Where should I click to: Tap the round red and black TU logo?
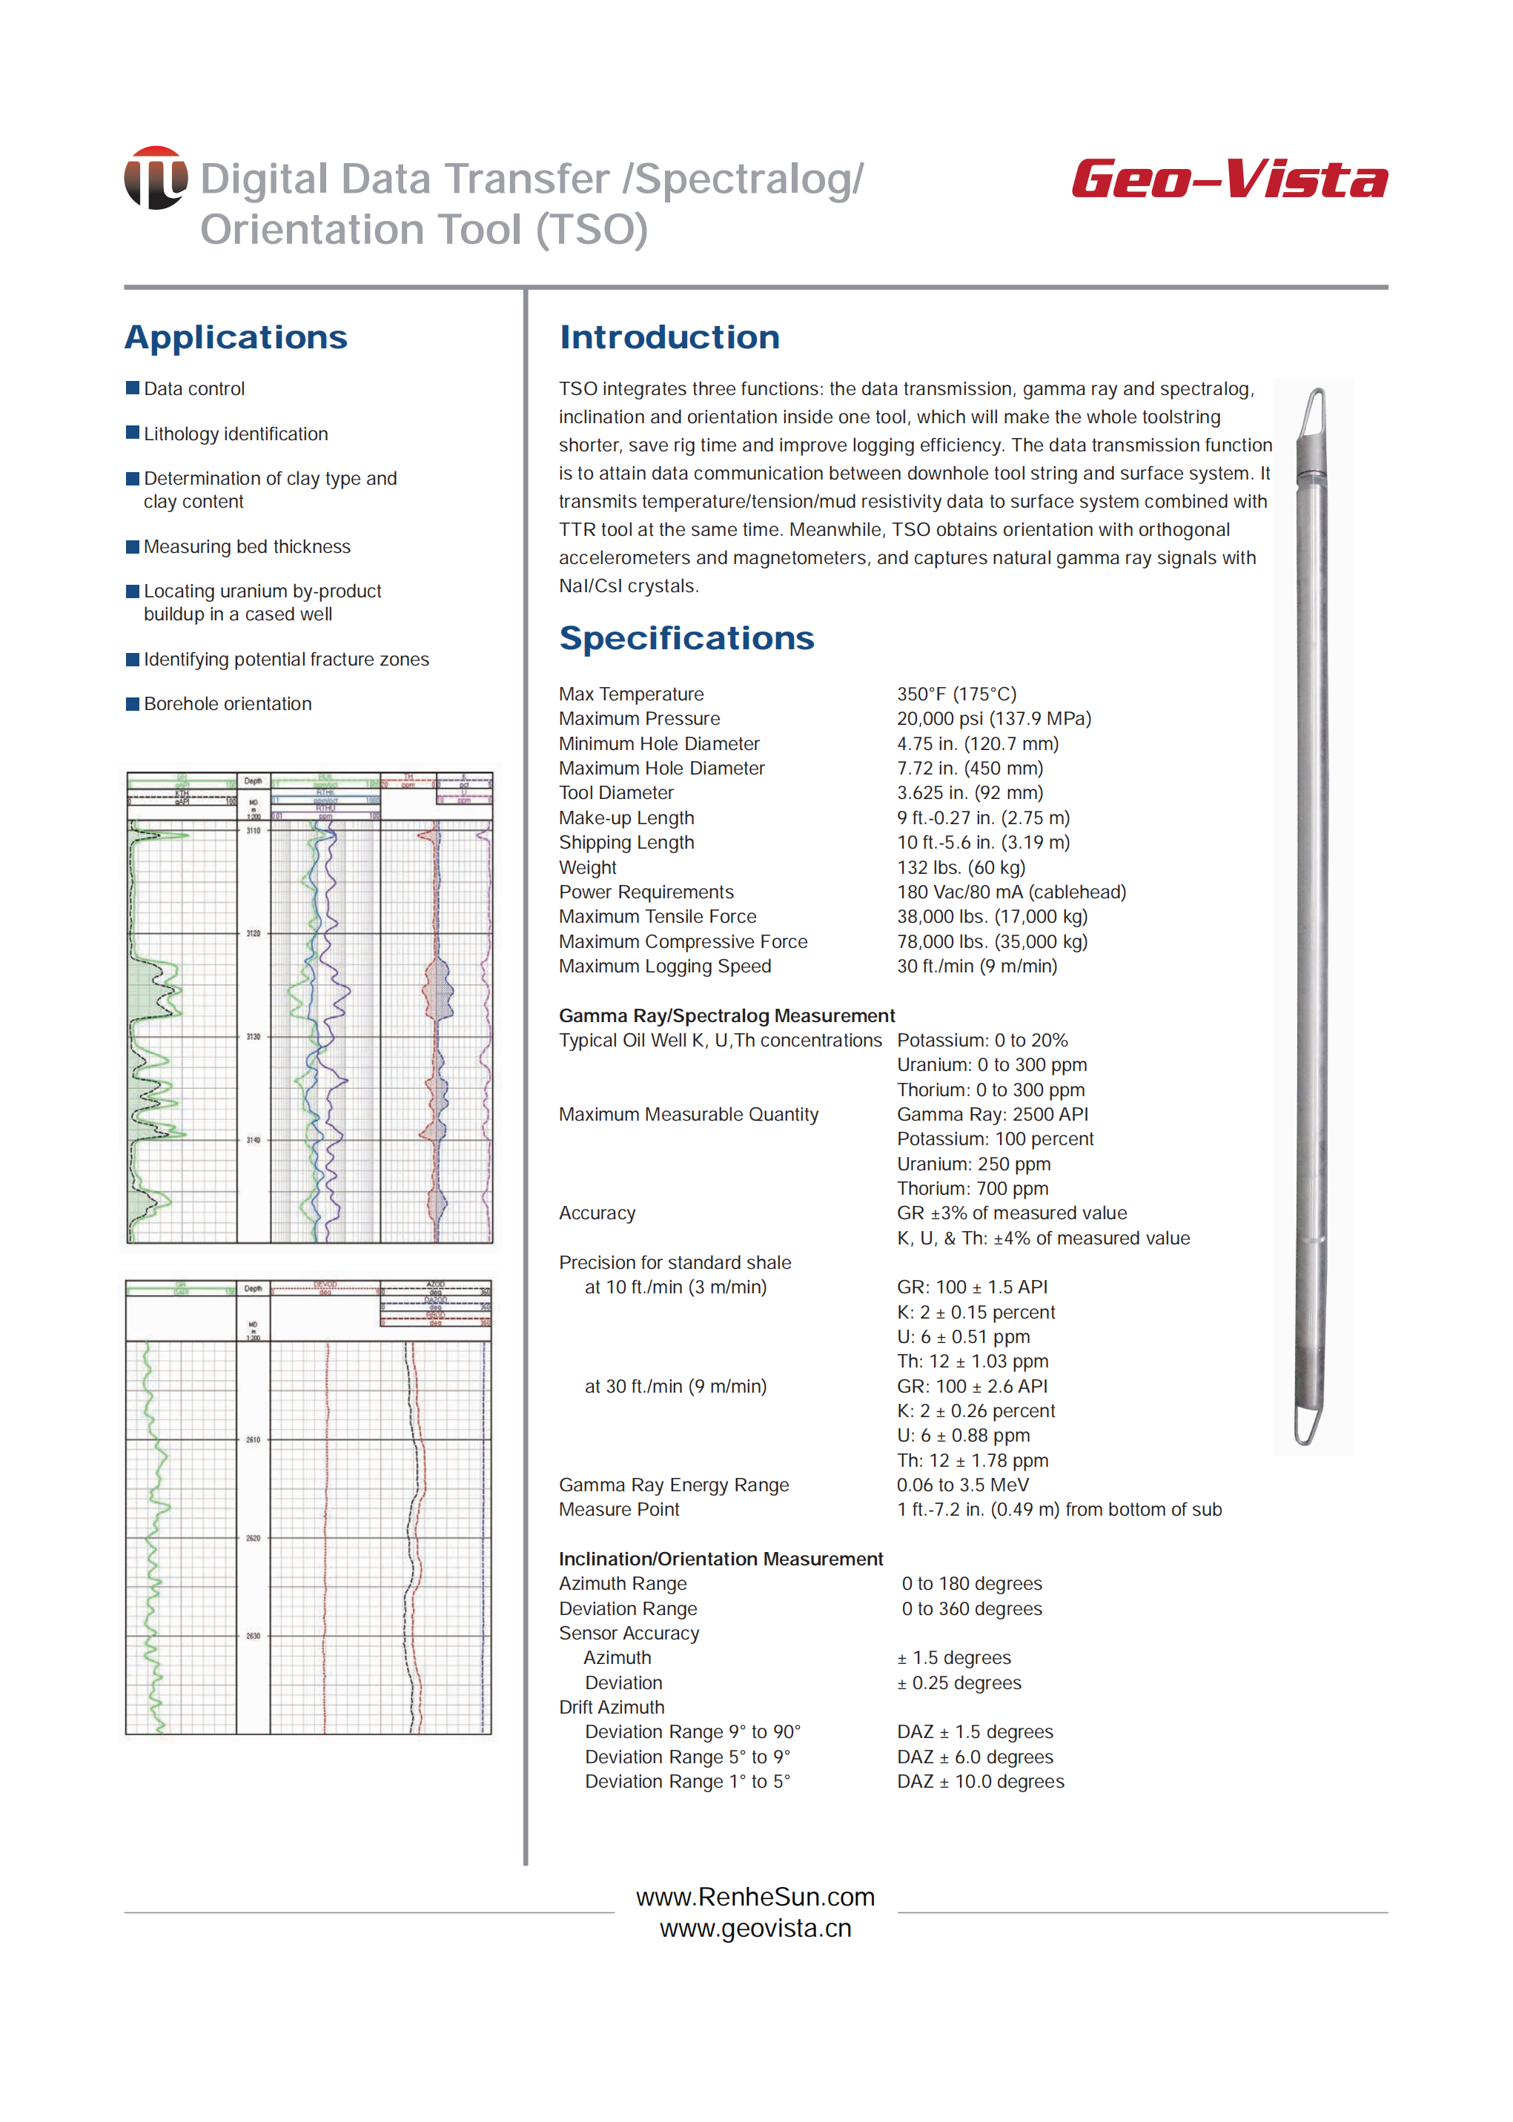point(156,177)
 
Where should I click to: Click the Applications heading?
point(236,337)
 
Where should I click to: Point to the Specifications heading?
point(686,638)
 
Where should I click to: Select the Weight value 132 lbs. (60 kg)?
point(961,867)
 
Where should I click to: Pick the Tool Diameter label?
point(616,793)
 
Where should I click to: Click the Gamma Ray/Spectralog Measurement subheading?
point(726,1015)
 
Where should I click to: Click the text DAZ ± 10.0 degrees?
point(980,1781)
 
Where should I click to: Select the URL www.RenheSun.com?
point(755,1897)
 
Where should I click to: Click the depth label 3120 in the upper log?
point(254,932)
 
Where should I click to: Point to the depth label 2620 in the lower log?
point(254,1538)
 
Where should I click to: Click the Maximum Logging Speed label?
point(664,966)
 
